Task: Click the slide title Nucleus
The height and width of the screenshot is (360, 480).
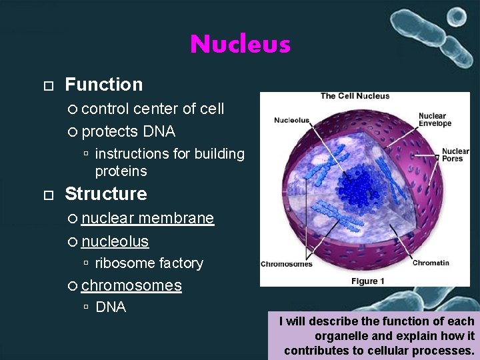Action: (240, 45)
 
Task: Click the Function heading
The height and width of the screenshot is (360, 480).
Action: (103, 85)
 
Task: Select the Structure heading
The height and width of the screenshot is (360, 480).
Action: (105, 194)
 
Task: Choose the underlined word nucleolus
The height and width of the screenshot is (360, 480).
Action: (115, 241)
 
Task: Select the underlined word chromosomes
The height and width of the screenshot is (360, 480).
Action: (131, 285)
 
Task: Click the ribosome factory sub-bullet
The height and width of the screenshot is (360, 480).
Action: (149, 263)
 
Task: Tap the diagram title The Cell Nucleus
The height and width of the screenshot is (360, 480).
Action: (355, 96)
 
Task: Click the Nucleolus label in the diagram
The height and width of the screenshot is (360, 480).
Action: (291, 120)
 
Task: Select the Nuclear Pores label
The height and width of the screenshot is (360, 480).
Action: (455, 155)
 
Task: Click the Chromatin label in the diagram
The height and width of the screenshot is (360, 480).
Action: (431, 263)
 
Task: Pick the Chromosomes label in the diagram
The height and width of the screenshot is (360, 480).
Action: (286, 264)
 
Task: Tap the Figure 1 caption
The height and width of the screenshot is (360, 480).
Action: (368, 281)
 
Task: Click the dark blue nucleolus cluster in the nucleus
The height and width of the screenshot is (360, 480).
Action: (359, 184)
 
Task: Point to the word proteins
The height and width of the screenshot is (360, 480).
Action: (121, 171)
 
